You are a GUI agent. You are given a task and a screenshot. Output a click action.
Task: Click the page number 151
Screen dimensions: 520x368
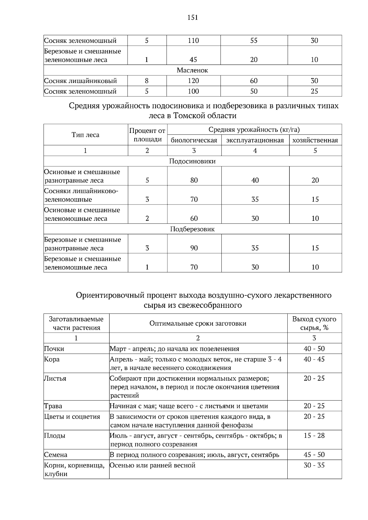(193, 17)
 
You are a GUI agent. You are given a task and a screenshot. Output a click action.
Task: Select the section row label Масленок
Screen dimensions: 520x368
(192, 70)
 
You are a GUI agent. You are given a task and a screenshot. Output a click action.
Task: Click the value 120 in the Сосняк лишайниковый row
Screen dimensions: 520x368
(193, 81)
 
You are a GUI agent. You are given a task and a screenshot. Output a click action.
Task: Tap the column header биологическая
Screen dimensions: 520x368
(194, 140)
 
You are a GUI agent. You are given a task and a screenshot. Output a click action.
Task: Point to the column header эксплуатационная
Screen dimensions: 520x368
(255, 140)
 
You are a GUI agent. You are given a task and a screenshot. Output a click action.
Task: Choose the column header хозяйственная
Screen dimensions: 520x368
(315, 140)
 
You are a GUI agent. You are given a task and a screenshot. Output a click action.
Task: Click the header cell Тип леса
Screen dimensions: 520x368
(85, 135)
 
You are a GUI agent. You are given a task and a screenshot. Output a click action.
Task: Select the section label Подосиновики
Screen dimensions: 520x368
(192, 161)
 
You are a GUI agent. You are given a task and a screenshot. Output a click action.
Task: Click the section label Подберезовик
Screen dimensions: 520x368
(192, 229)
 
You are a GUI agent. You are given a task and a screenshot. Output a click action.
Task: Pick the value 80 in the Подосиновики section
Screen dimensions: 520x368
(194, 180)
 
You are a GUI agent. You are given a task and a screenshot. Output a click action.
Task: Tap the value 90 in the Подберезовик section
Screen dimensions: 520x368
(194, 248)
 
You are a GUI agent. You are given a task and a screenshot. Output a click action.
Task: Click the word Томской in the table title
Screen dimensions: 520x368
(188, 116)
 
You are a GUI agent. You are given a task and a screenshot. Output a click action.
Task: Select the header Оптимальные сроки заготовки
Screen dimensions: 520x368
(198, 323)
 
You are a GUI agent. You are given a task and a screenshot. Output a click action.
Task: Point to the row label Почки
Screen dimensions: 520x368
(54, 349)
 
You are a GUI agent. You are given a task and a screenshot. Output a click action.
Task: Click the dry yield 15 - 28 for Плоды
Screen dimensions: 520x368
(314, 435)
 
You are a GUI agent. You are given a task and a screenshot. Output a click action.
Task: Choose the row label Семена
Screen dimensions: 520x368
(56, 455)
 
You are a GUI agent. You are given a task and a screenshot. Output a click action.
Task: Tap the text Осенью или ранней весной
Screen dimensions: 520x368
(152, 465)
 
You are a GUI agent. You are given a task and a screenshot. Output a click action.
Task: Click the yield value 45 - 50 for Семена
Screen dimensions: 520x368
(314, 455)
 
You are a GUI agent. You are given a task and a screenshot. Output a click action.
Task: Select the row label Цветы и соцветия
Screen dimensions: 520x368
(72, 417)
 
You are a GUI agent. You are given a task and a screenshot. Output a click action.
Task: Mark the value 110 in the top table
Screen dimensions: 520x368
(193, 40)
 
